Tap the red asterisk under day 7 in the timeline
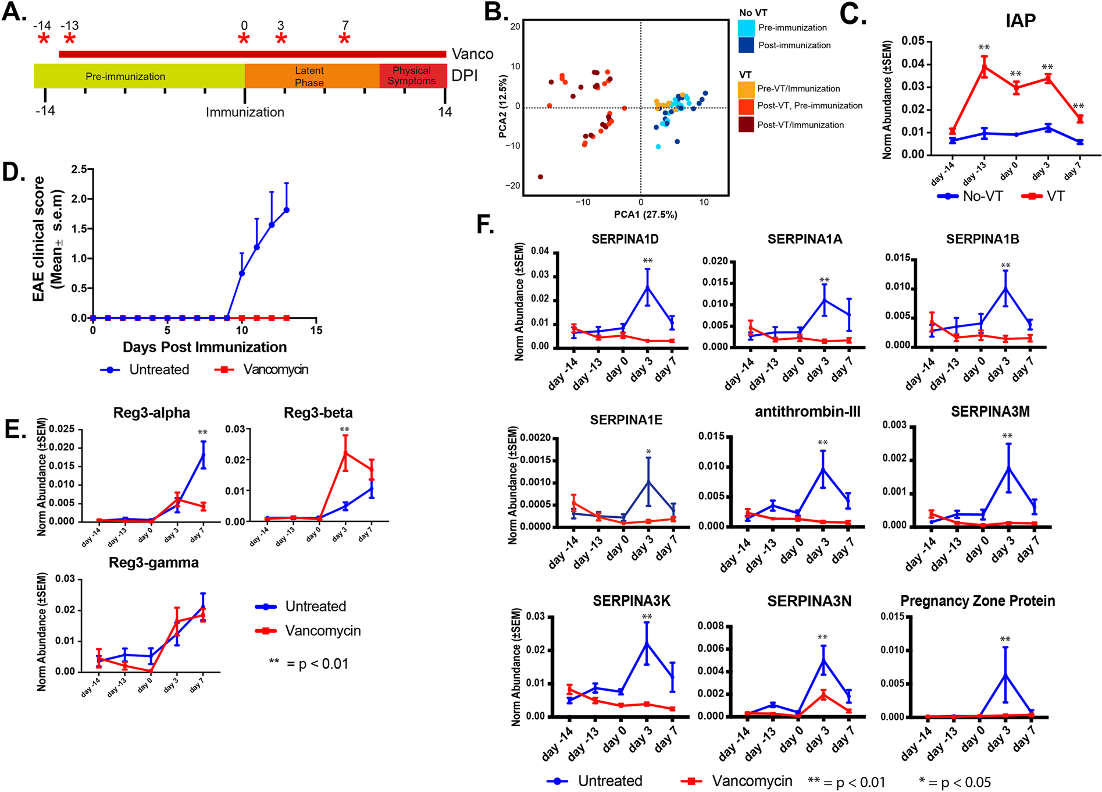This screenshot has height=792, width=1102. [344, 40]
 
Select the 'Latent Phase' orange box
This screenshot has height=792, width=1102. [310, 76]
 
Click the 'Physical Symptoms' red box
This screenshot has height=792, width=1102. [412, 76]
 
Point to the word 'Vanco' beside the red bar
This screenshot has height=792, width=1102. [472, 54]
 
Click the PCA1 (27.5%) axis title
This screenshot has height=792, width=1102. [645, 215]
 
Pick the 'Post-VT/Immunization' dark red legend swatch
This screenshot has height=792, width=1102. [747, 125]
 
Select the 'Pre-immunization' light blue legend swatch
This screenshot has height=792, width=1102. [747, 27]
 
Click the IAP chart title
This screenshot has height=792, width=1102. [1021, 21]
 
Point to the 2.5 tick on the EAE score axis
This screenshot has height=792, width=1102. [79, 169]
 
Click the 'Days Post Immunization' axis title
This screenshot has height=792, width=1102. [205, 347]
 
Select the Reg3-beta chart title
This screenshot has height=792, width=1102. [318, 413]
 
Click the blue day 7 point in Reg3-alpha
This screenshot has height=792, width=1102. [203, 454]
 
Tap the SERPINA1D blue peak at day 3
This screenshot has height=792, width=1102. [647, 287]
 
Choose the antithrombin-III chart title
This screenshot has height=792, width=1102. [807, 412]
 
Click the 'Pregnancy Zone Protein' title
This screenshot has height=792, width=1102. [978, 601]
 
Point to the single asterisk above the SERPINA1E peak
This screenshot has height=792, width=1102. [648, 452]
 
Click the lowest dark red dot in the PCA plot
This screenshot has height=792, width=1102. [540, 177]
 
